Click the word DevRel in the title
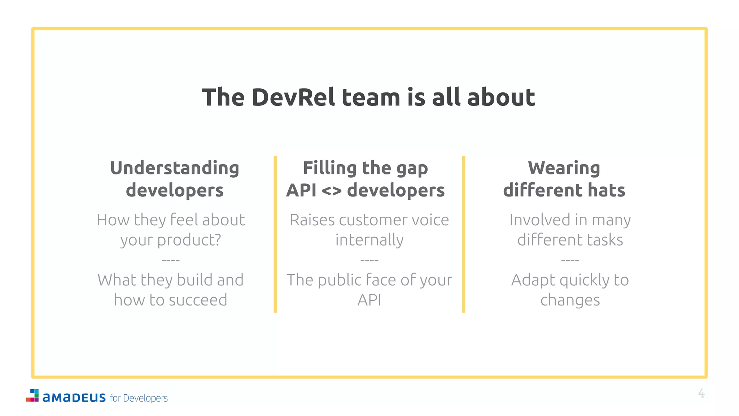[x=293, y=97]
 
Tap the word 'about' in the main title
[x=501, y=97]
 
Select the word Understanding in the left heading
[x=175, y=169]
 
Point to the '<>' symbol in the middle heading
[x=331, y=191]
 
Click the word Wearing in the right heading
[x=564, y=168]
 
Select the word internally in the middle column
[x=369, y=240]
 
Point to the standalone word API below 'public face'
[x=369, y=300]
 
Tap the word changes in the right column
[x=570, y=300]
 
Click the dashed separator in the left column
[x=171, y=260]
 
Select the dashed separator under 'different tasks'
[x=570, y=260]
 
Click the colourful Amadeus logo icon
[x=32, y=395]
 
